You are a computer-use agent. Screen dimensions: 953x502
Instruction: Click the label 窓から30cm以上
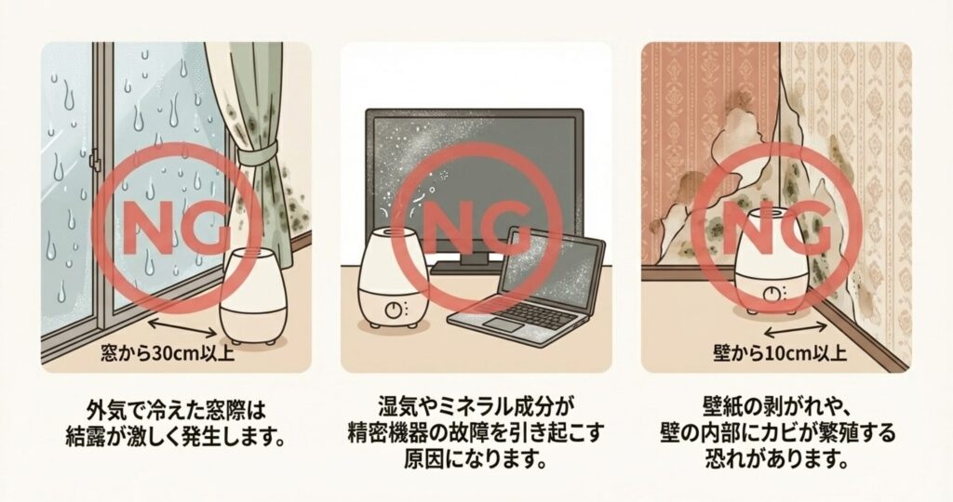pos(168,352)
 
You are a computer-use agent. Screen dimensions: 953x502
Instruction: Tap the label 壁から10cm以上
pos(780,352)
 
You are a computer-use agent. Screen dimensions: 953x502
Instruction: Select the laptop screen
pos(553,267)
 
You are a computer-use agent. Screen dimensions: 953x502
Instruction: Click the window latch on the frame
pos(94,161)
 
